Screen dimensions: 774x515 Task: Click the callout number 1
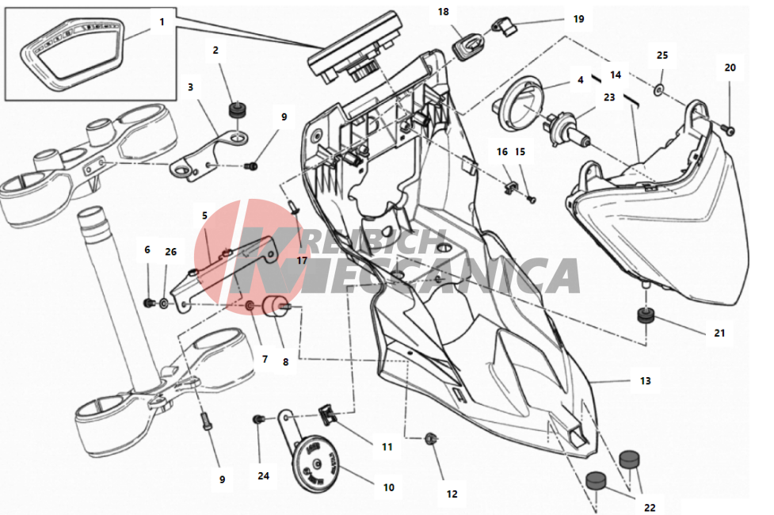pyautogui.click(x=162, y=21)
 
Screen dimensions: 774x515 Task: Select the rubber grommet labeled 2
pyautogui.click(x=238, y=109)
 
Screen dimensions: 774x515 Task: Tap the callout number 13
pyautogui.click(x=645, y=380)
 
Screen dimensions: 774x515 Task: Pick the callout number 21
pyautogui.click(x=719, y=334)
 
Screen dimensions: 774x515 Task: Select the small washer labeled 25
pyautogui.click(x=659, y=90)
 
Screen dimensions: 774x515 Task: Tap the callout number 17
pyautogui.click(x=302, y=260)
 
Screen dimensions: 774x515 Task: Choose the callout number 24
pyautogui.click(x=264, y=476)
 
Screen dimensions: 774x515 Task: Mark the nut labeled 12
pyautogui.click(x=430, y=438)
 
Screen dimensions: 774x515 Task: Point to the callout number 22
pyautogui.click(x=650, y=508)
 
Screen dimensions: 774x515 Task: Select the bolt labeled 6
pyautogui.click(x=149, y=302)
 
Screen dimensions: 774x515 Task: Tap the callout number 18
pyautogui.click(x=444, y=11)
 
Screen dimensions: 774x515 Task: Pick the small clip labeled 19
pyautogui.click(x=505, y=25)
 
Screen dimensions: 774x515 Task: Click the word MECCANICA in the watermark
pyautogui.click(x=437, y=276)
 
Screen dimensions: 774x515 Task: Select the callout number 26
pyautogui.click(x=171, y=252)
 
